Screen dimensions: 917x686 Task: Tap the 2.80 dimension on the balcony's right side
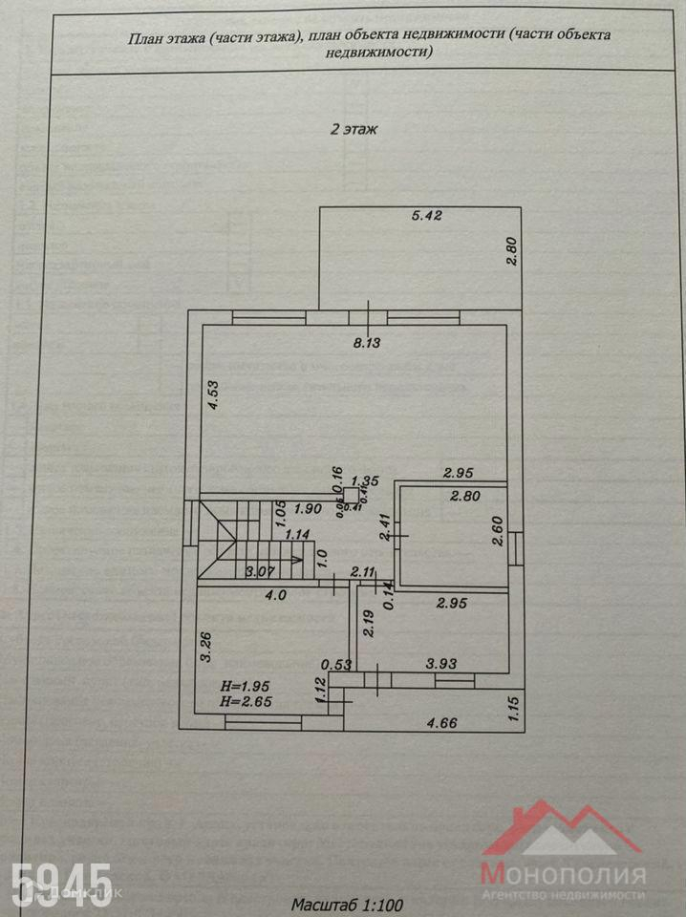tap(511, 250)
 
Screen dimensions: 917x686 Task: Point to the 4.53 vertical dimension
tap(216, 395)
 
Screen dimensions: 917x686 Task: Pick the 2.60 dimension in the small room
tap(497, 529)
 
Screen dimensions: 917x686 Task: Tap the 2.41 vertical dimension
tap(383, 528)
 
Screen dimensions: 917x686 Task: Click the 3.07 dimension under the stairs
tap(260, 572)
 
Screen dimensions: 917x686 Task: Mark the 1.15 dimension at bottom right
tap(514, 708)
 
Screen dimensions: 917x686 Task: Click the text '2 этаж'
tap(354, 128)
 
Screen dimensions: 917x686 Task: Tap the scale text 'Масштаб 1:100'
tap(348, 902)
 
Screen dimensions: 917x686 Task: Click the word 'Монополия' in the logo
tap(563, 872)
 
